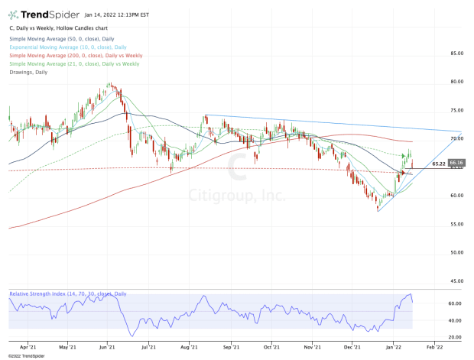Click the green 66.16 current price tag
click(x=456, y=163)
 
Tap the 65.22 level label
click(x=439, y=164)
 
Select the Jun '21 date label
click(x=108, y=346)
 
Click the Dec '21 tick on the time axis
click(x=353, y=346)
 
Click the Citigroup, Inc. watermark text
click(x=237, y=196)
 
